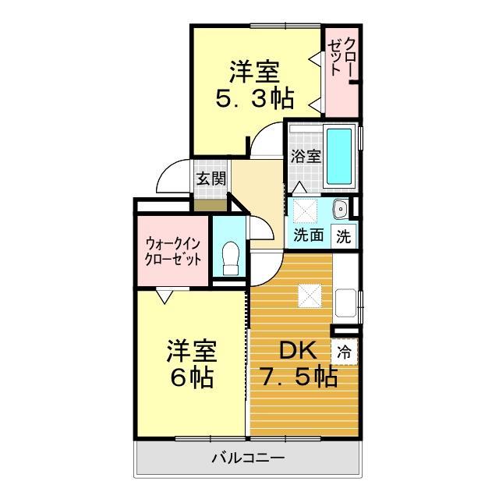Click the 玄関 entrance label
[x=211, y=178]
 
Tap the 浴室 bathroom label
[x=306, y=156]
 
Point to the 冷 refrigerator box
[x=344, y=352]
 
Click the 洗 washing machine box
[x=344, y=235]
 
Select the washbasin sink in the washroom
[x=340, y=209]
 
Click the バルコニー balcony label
[x=248, y=458]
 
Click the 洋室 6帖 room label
[x=190, y=364]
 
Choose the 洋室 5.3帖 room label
[x=254, y=85]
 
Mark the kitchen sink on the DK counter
[x=345, y=303]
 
